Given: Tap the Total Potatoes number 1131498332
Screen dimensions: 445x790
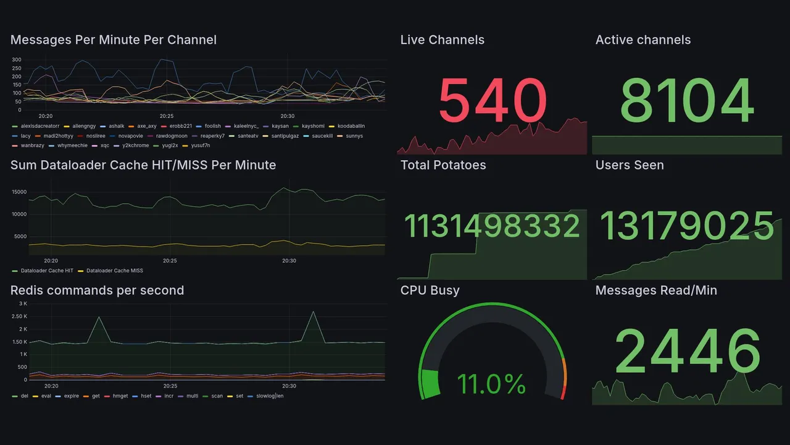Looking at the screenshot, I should (491, 226).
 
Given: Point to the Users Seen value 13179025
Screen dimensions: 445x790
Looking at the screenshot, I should (687, 226).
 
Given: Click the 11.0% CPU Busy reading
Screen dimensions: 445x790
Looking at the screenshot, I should (491, 384).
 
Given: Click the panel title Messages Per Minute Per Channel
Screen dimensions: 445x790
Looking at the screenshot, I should (114, 40).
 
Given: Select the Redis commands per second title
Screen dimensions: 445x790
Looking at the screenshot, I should (98, 290).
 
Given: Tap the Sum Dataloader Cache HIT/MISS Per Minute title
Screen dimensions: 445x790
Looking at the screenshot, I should (143, 165).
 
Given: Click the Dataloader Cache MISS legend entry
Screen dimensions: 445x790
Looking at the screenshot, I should (114, 271).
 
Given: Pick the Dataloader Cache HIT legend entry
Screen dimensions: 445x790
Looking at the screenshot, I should (47, 271).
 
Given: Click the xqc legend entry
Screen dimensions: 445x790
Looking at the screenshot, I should (105, 145).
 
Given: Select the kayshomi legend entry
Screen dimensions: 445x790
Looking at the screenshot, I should (313, 126).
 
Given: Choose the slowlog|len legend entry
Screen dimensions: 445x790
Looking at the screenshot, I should (270, 396).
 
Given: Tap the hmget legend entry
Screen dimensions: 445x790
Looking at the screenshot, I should (120, 396).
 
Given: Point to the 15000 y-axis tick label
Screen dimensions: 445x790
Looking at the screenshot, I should (19, 192).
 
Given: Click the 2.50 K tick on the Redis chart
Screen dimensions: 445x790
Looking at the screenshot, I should (19, 316).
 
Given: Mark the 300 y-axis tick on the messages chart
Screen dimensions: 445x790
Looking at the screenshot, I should (17, 60).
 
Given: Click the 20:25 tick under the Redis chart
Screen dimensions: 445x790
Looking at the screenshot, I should (170, 386).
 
